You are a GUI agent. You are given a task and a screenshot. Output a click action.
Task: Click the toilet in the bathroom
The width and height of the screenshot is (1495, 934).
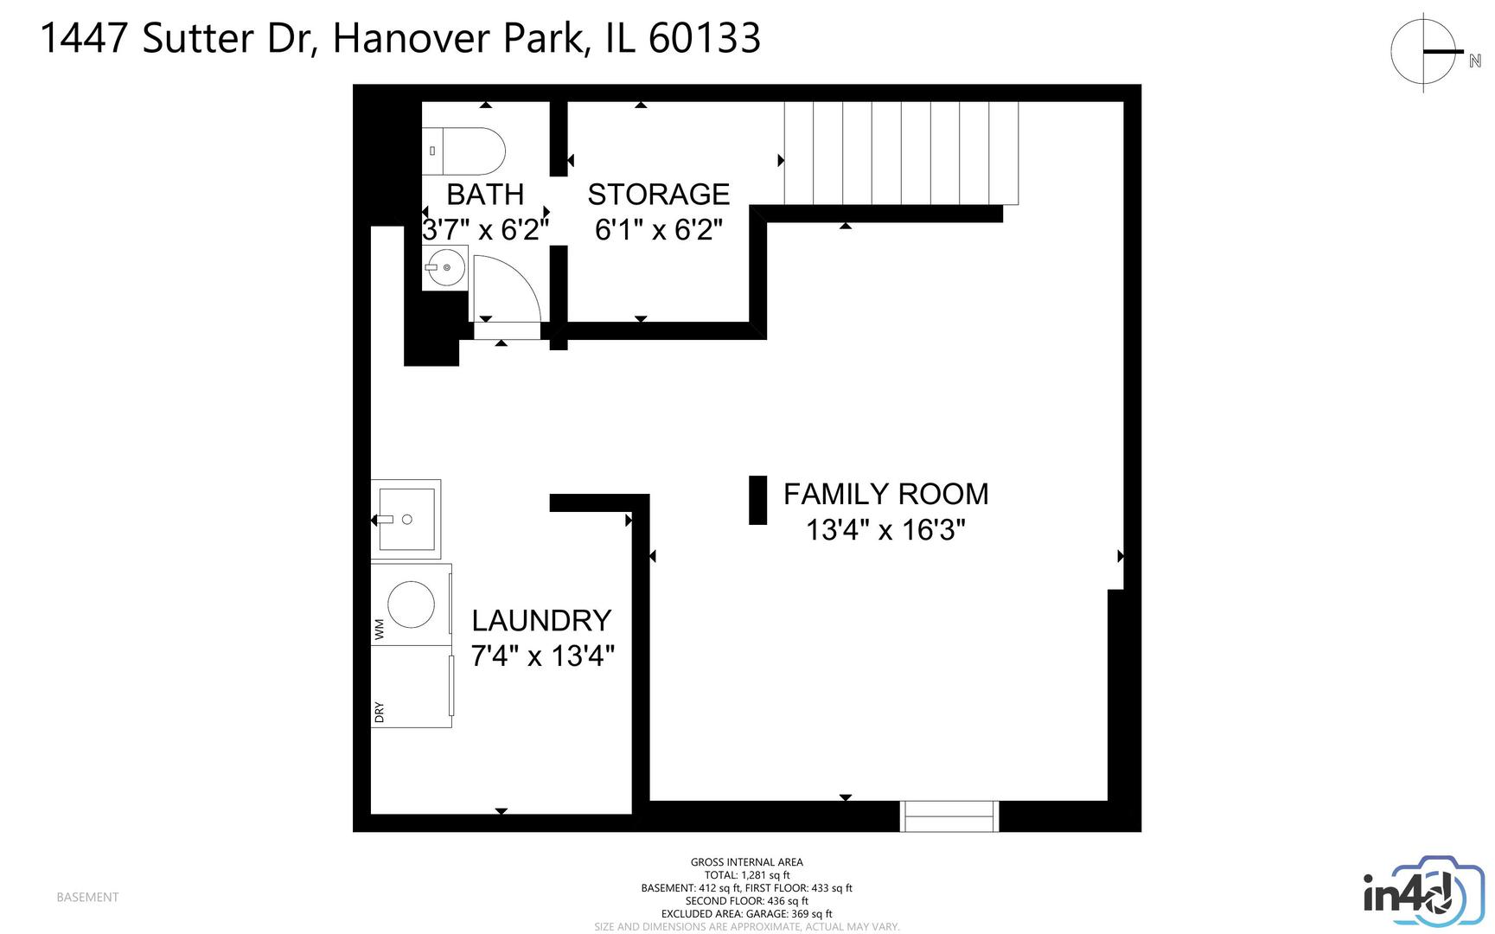465,151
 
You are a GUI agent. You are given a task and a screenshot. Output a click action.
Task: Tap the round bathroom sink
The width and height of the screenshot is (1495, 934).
446,268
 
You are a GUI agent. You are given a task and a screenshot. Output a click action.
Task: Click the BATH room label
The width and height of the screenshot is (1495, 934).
485,195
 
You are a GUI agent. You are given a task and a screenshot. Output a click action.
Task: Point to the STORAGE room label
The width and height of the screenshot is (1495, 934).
659,195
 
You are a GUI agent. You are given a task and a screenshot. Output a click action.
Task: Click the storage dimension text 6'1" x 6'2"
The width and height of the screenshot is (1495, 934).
659,230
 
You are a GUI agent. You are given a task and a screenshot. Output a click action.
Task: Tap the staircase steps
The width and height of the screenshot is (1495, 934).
900,153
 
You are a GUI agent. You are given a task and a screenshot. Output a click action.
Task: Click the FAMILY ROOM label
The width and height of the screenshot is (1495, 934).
885,494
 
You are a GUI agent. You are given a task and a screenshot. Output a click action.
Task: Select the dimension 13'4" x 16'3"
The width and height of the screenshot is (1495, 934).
885,529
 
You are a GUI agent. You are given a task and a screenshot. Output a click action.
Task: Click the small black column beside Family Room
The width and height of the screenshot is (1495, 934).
757,500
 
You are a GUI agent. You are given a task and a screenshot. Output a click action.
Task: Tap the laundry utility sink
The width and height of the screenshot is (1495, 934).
406,519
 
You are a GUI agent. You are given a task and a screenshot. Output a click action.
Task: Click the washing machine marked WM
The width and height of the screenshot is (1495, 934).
411,605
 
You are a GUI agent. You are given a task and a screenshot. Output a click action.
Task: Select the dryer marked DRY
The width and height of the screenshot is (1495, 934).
411,687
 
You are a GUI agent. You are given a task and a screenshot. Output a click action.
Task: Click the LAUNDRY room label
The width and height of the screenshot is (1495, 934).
541,620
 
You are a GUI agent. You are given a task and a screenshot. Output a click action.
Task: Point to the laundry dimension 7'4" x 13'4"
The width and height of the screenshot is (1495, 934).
542,656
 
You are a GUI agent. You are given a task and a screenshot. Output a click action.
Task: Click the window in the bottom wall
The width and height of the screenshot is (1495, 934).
949,816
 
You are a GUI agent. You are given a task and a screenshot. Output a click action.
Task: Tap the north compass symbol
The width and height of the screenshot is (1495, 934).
1425,53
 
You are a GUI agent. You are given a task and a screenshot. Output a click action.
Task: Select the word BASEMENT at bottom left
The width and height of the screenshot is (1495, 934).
87,897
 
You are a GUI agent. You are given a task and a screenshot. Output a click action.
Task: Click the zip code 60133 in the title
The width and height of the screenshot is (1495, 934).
704,38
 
